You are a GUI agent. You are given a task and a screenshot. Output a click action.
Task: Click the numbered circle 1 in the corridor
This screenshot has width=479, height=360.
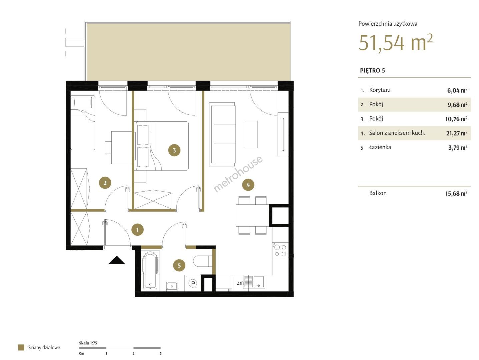click(137, 230)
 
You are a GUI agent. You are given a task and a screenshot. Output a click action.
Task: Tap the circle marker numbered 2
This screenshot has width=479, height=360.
click(105, 183)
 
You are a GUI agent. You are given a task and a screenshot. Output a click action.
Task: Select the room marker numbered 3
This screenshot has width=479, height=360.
click(174, 150)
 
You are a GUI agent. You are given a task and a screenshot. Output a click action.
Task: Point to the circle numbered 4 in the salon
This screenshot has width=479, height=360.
click(248, 185)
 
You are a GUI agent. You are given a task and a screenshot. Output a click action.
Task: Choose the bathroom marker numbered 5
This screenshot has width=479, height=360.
click(179, 265)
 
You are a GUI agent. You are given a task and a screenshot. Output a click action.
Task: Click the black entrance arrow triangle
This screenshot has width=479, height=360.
click(117, 260)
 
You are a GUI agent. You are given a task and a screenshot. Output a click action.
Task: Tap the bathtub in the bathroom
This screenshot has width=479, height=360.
click(150, 271)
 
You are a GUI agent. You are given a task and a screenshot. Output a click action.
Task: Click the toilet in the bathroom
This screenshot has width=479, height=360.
click(203, 261)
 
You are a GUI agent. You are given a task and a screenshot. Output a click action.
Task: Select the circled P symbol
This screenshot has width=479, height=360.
click(193, 283)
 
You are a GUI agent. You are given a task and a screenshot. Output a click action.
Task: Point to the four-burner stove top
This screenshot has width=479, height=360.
click(280, 251)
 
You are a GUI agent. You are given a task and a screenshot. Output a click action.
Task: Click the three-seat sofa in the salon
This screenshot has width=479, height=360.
click(222, 134)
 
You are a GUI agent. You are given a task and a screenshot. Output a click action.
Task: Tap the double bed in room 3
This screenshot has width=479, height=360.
click(162, 146)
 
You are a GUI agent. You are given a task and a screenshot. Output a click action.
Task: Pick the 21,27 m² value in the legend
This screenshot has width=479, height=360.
click(457, 133)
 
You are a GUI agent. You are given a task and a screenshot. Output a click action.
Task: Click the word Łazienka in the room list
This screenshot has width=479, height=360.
click(380, 147)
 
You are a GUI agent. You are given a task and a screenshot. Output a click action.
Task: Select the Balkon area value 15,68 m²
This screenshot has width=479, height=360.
click(456, 193)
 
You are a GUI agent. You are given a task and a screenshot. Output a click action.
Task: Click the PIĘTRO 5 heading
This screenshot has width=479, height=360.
click(372, 70)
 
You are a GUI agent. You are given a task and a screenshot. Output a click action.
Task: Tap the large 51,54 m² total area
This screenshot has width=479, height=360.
click(395, 43)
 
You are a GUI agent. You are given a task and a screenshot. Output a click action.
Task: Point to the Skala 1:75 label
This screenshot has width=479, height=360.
click(88, 343)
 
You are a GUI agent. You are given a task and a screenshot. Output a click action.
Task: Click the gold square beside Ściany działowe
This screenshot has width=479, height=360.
click(21, 348)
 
